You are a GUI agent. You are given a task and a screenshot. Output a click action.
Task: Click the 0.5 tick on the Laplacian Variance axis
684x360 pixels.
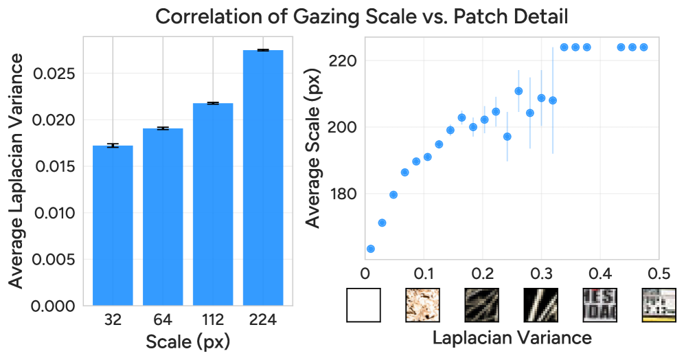point(659,273)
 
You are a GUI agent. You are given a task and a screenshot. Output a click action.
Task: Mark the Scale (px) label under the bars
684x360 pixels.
point(187,341)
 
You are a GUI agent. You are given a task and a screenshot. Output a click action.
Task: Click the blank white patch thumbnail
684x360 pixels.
point(363,305)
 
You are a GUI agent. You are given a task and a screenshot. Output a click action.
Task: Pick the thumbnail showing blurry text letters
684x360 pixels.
point(600,305)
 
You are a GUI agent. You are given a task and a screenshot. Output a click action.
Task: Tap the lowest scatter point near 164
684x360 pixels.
point(371,249)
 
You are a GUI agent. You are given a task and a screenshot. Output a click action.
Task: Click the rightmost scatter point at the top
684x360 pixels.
point(644,47)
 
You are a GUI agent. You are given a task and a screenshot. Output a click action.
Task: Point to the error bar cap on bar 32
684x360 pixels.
point(113,145)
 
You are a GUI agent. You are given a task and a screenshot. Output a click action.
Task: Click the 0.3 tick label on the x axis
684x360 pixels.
point(541,273)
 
